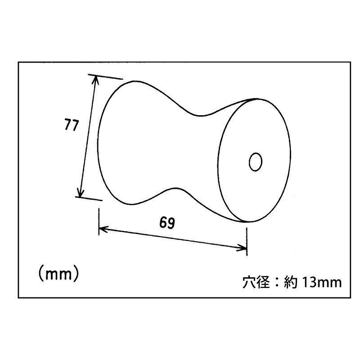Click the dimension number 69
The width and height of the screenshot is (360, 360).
pos(167,222)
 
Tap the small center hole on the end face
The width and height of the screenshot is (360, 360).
pos(256,162)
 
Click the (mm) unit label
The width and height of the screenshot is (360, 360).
pos(59,274)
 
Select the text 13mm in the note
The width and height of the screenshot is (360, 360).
pos(322,282)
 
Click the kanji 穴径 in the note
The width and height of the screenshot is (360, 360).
pos(256,282)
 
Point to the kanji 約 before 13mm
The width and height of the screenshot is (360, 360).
pos(291,282)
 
